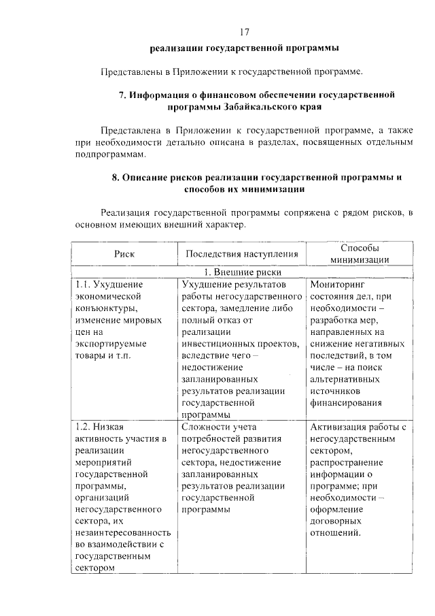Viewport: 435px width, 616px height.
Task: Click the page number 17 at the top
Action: click(x=245, y=32)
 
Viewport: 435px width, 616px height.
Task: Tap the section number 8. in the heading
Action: click(x=116, y=177)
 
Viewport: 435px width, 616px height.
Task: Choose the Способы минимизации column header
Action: click(x=360, y=253)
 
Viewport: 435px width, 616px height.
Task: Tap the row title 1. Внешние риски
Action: click(x=243, y=271)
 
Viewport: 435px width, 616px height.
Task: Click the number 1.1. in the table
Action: click(x=84, y=284)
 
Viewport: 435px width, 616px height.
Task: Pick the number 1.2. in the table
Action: click(x=84, y=427)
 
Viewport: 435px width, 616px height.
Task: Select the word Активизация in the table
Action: click(x=338, y=427)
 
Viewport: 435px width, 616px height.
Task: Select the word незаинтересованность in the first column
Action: click(x=123, y=533)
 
